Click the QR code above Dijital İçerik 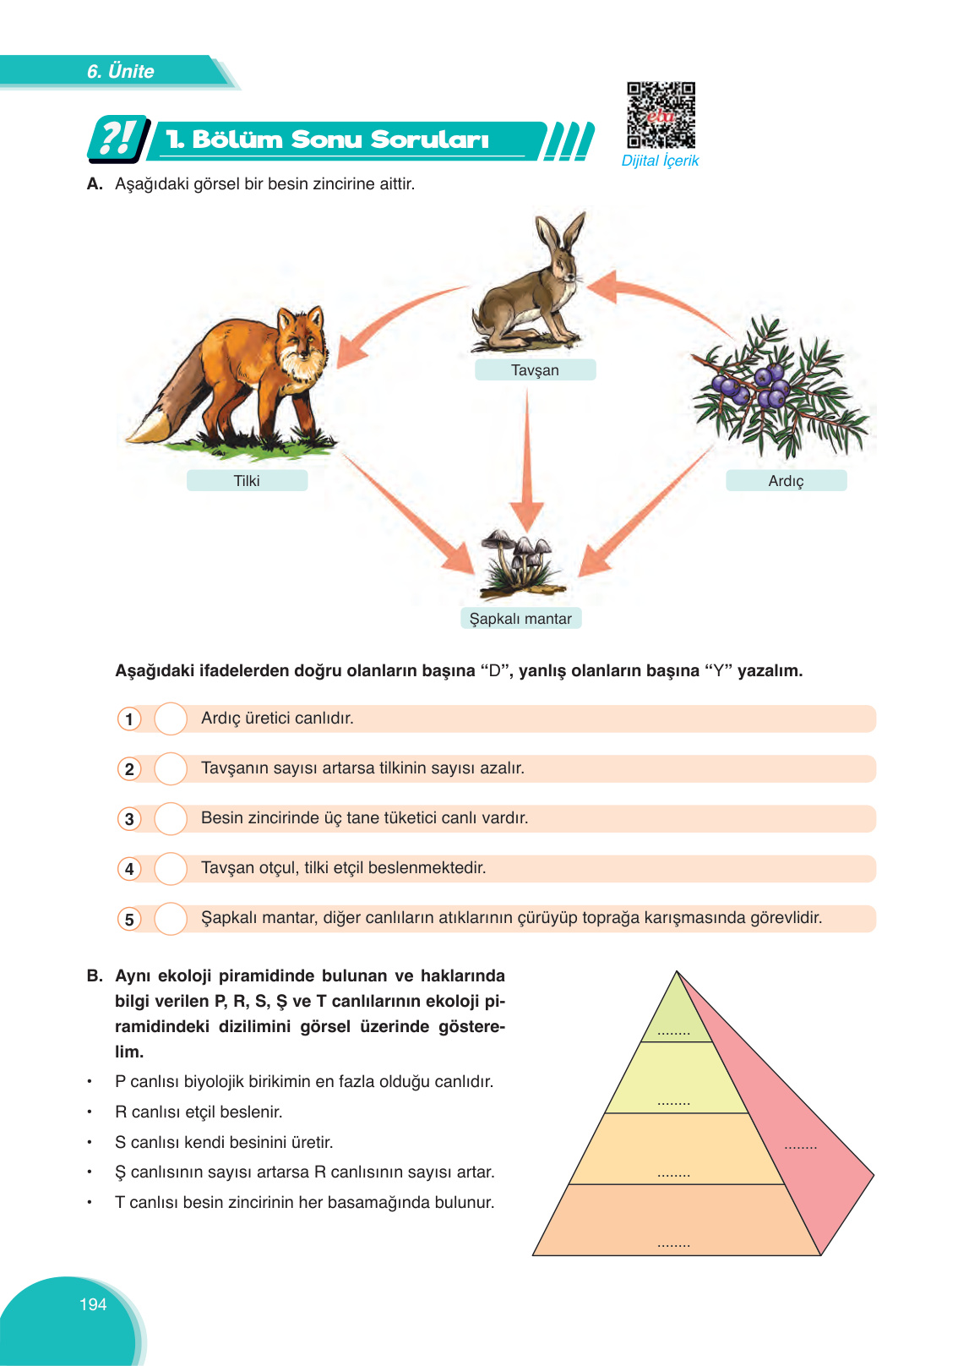click(661, 115)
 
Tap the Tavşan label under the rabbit click(535, 370)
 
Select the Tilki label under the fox click(247, 481)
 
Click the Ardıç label click(786, 481)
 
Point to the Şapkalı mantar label click(520, 619)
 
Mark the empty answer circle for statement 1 click(171, 719)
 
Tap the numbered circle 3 click(129, 819)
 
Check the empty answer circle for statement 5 click(171, 919)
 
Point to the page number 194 click(93, 1304)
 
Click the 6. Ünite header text click(121, 71)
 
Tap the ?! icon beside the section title click(117, 139)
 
